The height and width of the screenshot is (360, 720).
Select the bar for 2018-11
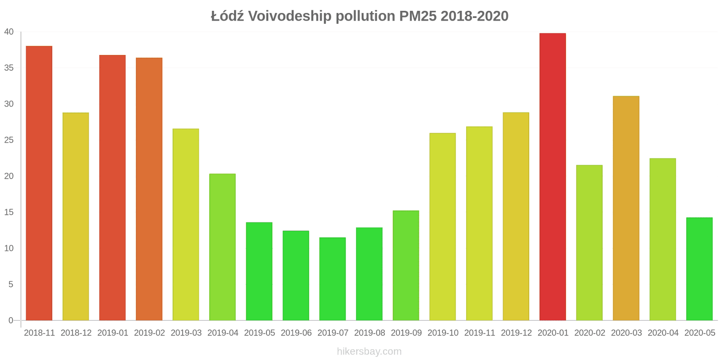(x=39, y=183)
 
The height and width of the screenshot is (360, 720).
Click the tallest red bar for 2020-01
(x=553, y=177)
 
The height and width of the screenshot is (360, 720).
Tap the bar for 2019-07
(x=333, y=279)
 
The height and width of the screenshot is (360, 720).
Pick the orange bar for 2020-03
(x=626, y=208)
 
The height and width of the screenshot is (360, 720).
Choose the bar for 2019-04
(x=222, y=247)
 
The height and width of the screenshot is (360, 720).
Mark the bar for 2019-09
(x=406, y=265)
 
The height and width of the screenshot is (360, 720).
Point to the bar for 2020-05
(x=699, y=269)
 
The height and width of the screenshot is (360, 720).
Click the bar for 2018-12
(x=76, y=216)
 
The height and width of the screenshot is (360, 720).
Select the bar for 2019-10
(x=442, y=227)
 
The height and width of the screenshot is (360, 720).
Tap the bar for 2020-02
(x=589, y=243)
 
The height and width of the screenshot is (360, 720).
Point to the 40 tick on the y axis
(x=9, y=32)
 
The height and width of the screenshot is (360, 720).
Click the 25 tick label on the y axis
(x=9, y=140)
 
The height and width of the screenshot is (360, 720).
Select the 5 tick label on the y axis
(x=11, y=284)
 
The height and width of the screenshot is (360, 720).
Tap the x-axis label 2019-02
(x=149, y=333)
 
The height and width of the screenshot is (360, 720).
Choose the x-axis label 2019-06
(x=296, y=333)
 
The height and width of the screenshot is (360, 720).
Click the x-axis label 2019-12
(x=516, y=333)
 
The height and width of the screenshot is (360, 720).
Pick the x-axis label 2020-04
(x=663, y=333)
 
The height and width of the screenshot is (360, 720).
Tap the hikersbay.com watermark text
(x=369, y=351)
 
